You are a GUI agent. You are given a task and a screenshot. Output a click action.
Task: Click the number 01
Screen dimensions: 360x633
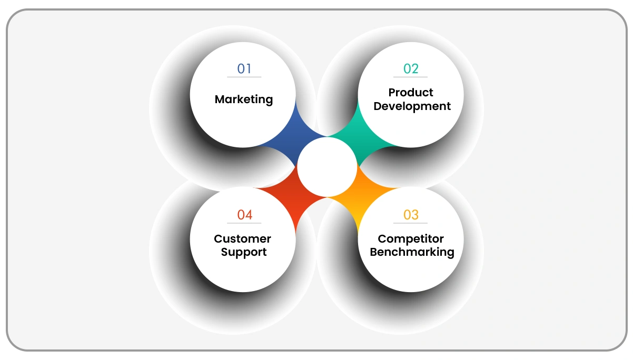[x=244, y=69]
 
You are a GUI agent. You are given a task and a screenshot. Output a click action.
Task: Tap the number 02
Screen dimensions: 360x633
[x=411, y=69]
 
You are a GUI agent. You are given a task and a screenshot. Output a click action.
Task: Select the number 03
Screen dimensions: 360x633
[x=411, y=215]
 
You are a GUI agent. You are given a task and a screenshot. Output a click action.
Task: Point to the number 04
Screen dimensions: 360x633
[x=244, y=215]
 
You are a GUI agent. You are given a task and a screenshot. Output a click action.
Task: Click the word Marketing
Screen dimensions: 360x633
[x=244, y=99]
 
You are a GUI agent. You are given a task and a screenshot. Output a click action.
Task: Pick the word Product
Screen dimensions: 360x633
[x=411, y=93]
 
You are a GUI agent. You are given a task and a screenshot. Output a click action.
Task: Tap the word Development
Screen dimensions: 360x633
[x=412, y=106]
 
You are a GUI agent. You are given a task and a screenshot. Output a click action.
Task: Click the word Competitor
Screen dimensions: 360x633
[x=411, y=239]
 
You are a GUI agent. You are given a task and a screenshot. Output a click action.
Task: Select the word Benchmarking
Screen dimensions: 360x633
[x=412, y=252]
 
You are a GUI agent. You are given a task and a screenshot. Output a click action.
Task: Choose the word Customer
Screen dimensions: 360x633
[x=243, y=239]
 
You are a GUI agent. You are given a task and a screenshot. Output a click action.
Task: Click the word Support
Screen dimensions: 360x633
[x=244, y=252]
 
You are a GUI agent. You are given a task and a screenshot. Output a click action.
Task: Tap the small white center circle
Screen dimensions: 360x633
[x=327, y=167]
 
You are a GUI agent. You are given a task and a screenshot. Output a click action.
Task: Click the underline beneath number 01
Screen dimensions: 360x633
[x=244, y=77]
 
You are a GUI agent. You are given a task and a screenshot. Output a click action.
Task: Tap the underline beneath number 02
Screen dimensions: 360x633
[x=411, y=77]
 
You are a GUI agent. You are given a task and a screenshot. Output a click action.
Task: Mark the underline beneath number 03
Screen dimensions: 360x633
[x=411, y=223]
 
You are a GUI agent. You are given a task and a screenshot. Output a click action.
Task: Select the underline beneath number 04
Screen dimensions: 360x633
[x=244, y=223]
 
